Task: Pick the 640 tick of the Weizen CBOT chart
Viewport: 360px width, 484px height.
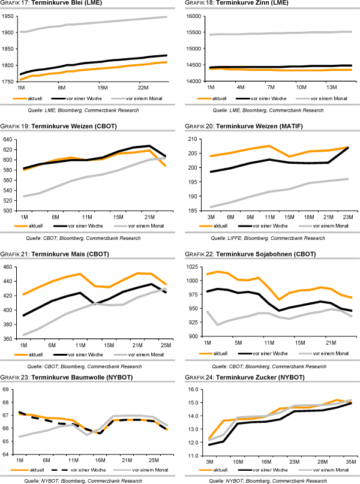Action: [8, 139]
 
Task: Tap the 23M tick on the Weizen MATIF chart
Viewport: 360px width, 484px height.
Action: [349, 216]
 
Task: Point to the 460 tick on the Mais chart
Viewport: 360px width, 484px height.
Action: [8, 267]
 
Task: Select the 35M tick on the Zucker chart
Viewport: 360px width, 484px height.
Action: [349, 462]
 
